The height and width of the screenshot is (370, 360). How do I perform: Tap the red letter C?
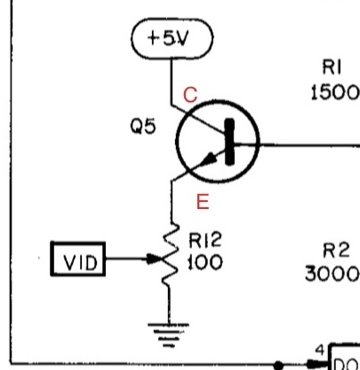(190, 95)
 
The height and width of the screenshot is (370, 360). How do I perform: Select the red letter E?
(203, 202)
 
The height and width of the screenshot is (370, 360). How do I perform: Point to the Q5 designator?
(143, 126)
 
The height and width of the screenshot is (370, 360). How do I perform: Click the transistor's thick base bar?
(229, 141)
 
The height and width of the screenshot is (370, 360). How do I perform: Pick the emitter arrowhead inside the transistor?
(212, 157)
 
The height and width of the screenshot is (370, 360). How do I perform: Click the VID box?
(78, 259)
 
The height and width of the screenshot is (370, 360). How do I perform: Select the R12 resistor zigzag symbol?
(171, 254)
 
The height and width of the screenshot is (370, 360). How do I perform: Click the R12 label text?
(205, 240)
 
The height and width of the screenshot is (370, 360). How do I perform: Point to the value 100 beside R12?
(205, 262)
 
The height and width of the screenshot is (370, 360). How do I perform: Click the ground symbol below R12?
(168, 335)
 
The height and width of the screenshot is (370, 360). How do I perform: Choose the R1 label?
(332, 67)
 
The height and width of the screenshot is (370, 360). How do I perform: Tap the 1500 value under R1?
(335, 92)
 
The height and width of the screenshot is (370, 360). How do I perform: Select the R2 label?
(336, 250)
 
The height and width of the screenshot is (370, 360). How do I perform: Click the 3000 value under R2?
(332, 274)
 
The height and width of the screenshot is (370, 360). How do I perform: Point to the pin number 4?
(320, 350)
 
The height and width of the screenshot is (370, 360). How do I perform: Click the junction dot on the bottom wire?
(278, 365)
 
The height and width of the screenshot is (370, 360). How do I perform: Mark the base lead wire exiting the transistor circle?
(309, 145)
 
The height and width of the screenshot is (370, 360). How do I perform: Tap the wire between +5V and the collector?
(172, 82)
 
